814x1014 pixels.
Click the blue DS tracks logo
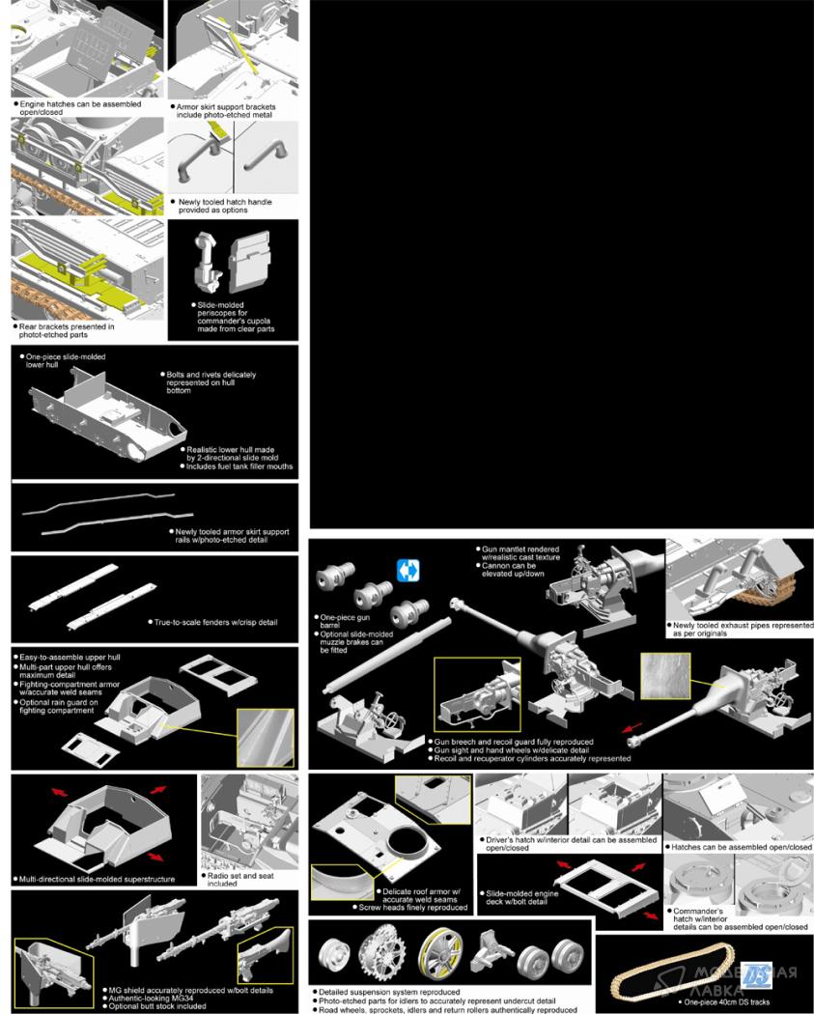(756, 976)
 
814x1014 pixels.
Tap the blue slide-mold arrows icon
(408, 571)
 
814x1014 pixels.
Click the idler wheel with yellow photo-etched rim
(440, 954)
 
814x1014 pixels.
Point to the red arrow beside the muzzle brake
(632, 727)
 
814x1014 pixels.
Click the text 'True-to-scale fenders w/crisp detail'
(216, 622)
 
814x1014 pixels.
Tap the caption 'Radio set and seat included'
(240, 880)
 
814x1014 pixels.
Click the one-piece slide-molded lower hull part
(107, 414)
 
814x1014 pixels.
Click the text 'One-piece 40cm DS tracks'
(727, 1001)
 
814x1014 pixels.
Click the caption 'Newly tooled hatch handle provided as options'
(224, 206)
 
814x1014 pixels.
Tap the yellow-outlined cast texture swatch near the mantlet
(665, 676)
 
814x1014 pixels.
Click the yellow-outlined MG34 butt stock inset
(266, 956)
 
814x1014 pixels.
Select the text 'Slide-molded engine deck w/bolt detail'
(521, 897)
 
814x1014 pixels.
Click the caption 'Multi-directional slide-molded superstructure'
(97, 879)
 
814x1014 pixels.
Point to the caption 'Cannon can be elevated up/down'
(513, 569)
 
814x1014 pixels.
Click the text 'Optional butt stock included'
(157, 1006)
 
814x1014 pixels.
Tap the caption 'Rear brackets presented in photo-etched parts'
(66, 330)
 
